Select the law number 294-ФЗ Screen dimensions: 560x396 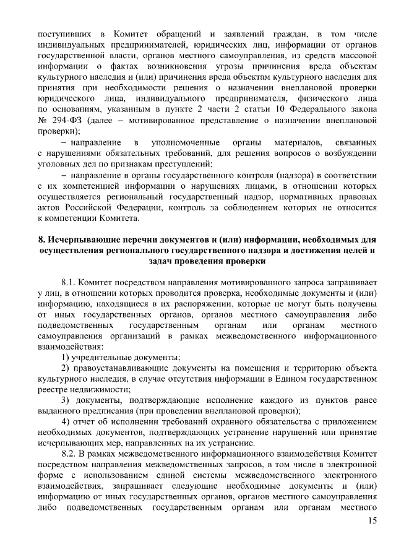[x=67, y=119]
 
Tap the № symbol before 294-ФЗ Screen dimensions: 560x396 [x=43, y=119]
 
